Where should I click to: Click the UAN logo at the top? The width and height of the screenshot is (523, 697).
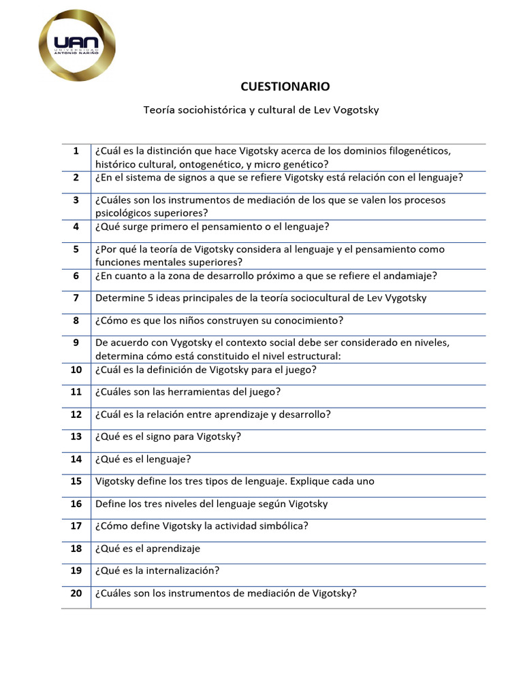[x=78, y=46]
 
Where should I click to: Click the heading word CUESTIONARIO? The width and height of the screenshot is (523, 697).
[x=285, y=86]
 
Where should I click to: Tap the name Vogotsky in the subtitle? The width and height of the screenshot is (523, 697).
[x=355, y=110]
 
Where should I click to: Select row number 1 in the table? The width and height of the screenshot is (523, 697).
[x=76, y=150]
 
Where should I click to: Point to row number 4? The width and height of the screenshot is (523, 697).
[x=76, y=227]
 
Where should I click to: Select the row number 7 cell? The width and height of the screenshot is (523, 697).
[x=76, y=297]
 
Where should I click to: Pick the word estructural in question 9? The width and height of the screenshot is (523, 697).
[x=310, y=355]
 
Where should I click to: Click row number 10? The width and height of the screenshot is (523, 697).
[x=76, y=370]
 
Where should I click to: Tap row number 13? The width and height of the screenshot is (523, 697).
[x=76, y=436]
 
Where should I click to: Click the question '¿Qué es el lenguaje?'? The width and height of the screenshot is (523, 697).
[x=143, y=459]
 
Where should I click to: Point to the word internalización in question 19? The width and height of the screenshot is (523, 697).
[x=180, y=570]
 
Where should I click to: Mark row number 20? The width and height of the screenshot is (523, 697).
[x=76, y=593]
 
